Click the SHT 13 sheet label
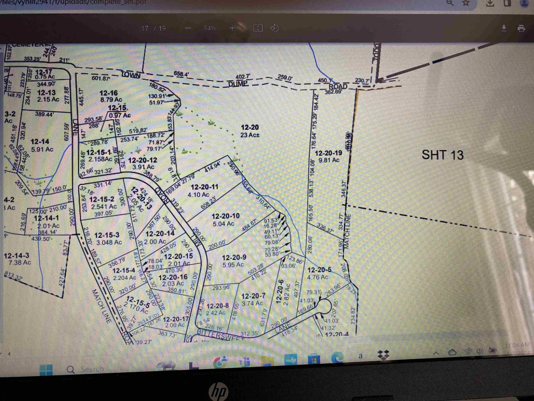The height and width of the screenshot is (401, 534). click(x=442, y=155)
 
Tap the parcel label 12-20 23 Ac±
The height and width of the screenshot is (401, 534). click(x=249, y=131)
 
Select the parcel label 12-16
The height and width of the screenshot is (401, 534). click(x=109, y=93)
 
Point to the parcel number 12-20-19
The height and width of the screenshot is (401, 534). click(x=328, y=153)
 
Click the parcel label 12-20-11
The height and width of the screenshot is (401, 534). click(x=204, y=187)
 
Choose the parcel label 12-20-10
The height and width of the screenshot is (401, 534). click(x=225, y=216)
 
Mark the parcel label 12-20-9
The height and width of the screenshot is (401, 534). click(x=234, y=258)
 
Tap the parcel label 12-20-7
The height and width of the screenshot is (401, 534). click(x=253, y=296)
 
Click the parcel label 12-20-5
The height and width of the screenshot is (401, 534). click(x=319, y=270)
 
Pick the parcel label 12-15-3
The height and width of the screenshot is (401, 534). click(x=107, y=236)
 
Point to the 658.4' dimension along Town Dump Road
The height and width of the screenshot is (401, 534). click(x=181, y=74)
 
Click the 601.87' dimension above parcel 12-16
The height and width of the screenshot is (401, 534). click(x=101, y=78)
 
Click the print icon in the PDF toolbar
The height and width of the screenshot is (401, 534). click(x=521, y=28)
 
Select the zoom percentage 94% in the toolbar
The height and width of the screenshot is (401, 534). click(x=210, y=28)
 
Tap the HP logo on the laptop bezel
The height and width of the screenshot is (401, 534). click(x=219, y=391)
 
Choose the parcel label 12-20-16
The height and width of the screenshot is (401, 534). click(x=173, y=277)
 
